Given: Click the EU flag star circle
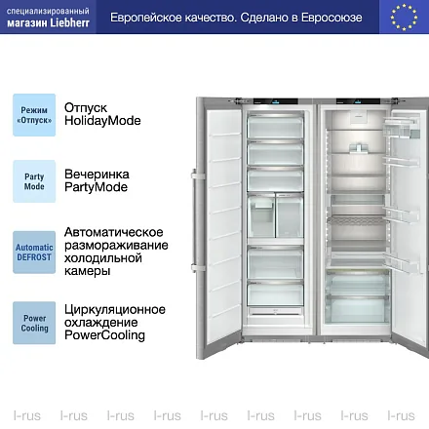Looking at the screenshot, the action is click(404, 18).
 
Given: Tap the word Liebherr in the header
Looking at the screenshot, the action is click(69, 23).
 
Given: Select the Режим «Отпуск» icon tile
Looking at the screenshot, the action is click(34, 115).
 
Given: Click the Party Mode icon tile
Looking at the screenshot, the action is click(34, 181).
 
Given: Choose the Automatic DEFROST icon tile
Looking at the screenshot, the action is click(34, 253).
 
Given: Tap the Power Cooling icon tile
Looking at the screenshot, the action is click(34, 323).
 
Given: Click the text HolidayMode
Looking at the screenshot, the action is click(102, 121).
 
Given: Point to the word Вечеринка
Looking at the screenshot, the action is click(97, 175).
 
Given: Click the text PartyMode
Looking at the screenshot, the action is click(96, 187).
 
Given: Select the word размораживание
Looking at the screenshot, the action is click(116, 246).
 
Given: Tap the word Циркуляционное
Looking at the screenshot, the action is click(115, 309).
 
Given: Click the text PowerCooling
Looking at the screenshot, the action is click(104, 335).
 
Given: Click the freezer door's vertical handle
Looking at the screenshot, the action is click(195, 220).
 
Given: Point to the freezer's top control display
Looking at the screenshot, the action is click(276, 101).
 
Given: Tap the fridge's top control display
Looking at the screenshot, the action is click(358, 101).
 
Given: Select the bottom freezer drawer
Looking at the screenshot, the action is click(275, 293).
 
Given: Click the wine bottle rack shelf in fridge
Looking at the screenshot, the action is click(356, 220).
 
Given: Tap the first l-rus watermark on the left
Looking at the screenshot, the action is click(27, 415).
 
